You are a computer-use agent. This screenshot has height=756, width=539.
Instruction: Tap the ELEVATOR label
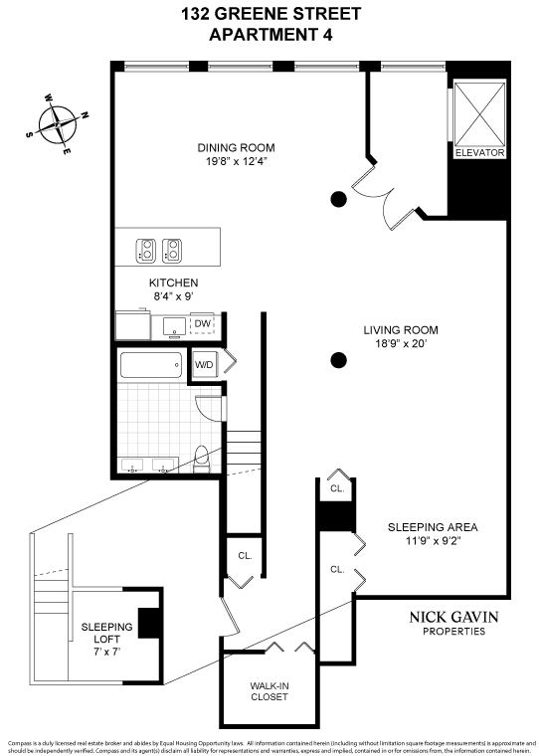[x=479, y=153]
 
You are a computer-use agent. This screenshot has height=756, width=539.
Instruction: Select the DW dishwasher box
[x=202, y=324]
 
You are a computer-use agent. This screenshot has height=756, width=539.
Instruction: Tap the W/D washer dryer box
[x=204, y=364]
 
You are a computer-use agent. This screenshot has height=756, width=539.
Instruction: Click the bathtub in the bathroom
[x=150, y=366]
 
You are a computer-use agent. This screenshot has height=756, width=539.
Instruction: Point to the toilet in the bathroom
[x=201, y=458]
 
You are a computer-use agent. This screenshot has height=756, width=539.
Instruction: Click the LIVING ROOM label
[x=400, y=330]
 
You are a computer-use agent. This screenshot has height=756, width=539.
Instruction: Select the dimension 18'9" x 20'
[x=400, y=345]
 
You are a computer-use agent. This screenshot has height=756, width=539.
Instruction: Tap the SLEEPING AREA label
[x=433, y=527]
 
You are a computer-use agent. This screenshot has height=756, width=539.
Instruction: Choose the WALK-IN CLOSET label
[x=269, y=690]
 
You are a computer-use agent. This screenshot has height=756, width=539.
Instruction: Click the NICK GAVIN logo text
[x=453, y=617]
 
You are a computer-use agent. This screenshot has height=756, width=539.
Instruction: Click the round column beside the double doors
[x=338, y=198]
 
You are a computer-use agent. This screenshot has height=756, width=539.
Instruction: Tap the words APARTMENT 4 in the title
[x=270, y=35]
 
